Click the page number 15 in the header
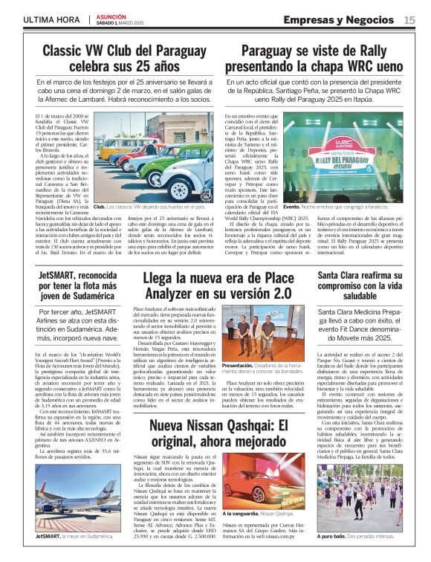(409, 20)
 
